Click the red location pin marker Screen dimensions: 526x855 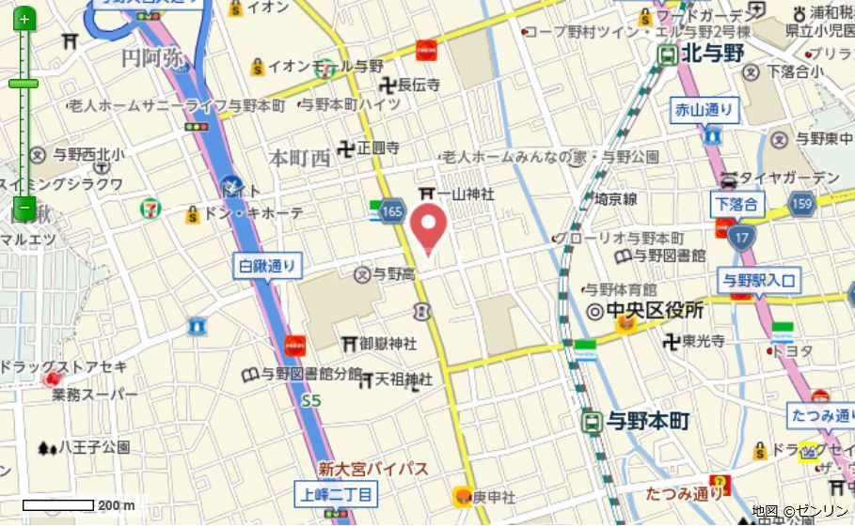click(431, 228)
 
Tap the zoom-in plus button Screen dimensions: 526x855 click(24, 19)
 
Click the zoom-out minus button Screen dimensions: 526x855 click(24, 209)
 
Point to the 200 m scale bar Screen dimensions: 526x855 click(57, 505)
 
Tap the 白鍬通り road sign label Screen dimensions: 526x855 click(267, 267)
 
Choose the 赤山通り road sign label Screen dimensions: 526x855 click(704, 111)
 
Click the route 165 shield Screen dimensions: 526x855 click(393, 213)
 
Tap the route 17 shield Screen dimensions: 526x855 click(743, 235)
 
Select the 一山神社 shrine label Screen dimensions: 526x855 click(466, 193)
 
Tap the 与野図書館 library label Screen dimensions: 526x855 click(668, 255)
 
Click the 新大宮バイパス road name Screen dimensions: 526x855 click(372, 469)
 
